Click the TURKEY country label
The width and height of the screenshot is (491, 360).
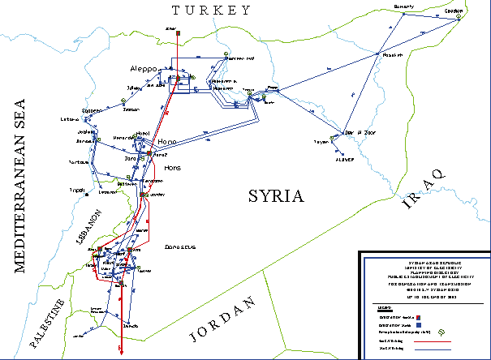click(209, 11)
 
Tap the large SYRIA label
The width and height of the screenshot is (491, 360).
click(274, 196)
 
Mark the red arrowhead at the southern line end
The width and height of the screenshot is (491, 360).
click(121, 351)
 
